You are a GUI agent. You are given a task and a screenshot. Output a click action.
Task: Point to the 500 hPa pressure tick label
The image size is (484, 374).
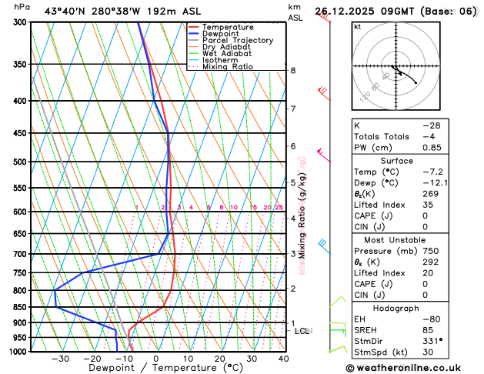(18, 162)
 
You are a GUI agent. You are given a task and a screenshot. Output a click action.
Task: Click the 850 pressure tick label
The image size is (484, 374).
(18, 307)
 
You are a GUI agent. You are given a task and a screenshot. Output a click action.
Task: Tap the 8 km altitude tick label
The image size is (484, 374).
(292, 70)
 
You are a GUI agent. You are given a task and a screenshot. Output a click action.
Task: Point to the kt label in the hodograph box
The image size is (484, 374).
(357, 26)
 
